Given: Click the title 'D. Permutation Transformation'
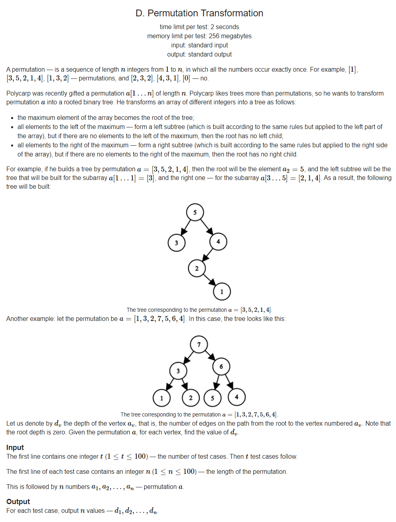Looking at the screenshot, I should click(x=199, y=13).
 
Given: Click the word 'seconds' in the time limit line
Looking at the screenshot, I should click(x=227, y=27).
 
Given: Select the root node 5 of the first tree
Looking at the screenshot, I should click(x=195, y=212).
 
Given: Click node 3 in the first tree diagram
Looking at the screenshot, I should click(x=177, y=243).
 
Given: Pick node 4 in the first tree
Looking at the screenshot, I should click(x=218, y=241).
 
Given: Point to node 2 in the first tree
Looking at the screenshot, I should click(x=196, y=268).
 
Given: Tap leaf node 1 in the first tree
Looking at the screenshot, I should click(x=222, y=291).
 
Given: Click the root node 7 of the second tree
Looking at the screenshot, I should click(x=199, y=344).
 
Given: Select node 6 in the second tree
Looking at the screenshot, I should click(x=221, y=366).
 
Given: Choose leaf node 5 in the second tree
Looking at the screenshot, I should click(x=212, y=398).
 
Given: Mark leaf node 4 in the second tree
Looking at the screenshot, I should click(x=237, y=397).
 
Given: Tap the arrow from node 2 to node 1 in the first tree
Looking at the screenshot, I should click(x=209, y=280).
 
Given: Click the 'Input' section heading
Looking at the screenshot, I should click(x=15, y=447).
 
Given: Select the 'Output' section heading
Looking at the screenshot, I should click(x=18, y=501).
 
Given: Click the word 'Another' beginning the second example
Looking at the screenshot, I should click(x=19, y=319).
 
